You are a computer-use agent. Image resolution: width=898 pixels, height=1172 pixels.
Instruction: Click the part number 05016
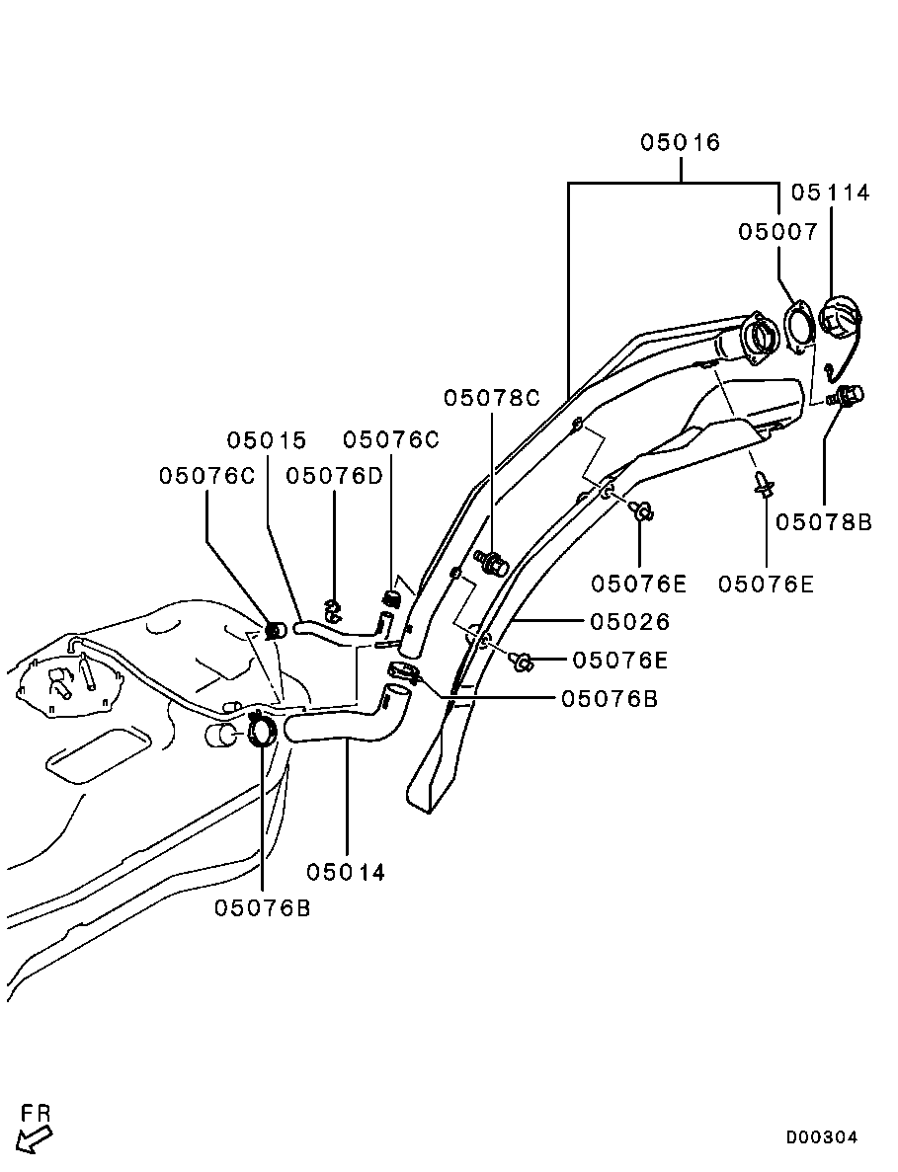(x=681, y=143)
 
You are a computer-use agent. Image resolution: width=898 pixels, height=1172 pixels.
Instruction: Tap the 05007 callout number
(x=778, y=232)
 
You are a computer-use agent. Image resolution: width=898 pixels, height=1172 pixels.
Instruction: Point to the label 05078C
(x=492, y=398)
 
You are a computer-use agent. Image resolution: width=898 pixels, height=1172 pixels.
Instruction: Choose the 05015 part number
(x=267, y=440)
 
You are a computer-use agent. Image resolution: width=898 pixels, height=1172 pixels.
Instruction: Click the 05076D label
(x=334, y=476)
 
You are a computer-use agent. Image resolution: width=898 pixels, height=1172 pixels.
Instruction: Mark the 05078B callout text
(x=823, y=522)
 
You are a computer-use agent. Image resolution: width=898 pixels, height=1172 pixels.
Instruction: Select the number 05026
(x=630, y=622)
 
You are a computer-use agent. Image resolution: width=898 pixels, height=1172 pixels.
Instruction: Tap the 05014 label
(x=346, y=873)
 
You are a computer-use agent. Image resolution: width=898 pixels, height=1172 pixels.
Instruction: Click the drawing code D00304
(x=822, y=1137)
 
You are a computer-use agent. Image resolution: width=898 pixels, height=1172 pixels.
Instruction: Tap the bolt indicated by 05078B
(x=847, y=397)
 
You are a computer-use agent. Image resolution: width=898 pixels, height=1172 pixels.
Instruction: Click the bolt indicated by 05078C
(x=492, y=564)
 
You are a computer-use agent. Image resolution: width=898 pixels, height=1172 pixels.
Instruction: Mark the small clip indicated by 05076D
(x=332, y=611)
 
